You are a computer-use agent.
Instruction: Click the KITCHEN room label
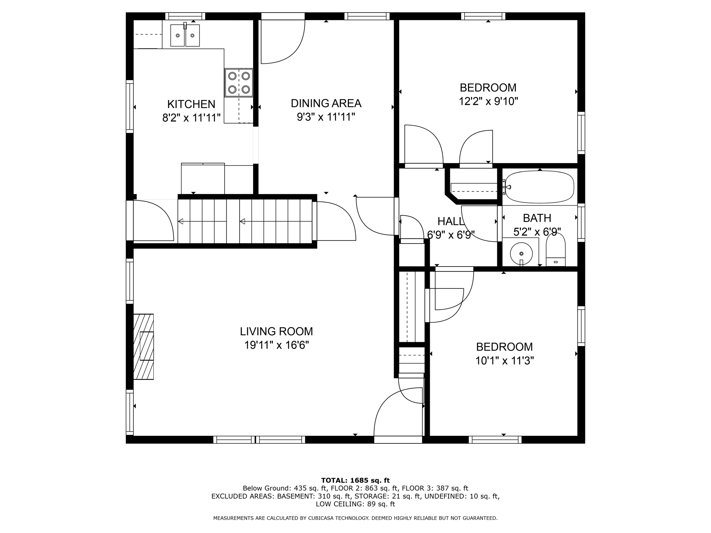[191, 104]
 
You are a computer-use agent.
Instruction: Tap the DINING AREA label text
[326, 103]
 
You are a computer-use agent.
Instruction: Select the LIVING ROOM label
[276, 331]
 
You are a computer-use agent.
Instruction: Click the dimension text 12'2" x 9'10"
[488, 101]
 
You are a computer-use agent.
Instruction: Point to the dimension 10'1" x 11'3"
[504, 361]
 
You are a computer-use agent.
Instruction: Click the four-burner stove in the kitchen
[239, 83]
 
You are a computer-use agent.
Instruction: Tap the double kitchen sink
[185, 35]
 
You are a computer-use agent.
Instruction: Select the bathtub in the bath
[539, 187]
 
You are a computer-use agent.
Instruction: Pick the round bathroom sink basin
[521, 253]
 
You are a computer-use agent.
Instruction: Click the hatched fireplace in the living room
[143, 346]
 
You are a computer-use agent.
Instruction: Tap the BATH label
[537, 218]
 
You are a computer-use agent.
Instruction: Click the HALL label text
[450, 221]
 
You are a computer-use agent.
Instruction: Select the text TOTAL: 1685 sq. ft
[355, 480]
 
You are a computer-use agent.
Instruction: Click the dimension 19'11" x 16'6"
[276, 345]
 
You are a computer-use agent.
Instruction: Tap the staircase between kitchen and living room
[245, 221]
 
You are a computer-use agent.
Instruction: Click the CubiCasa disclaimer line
[355, 518]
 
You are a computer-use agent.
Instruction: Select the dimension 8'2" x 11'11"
[191, 118]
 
